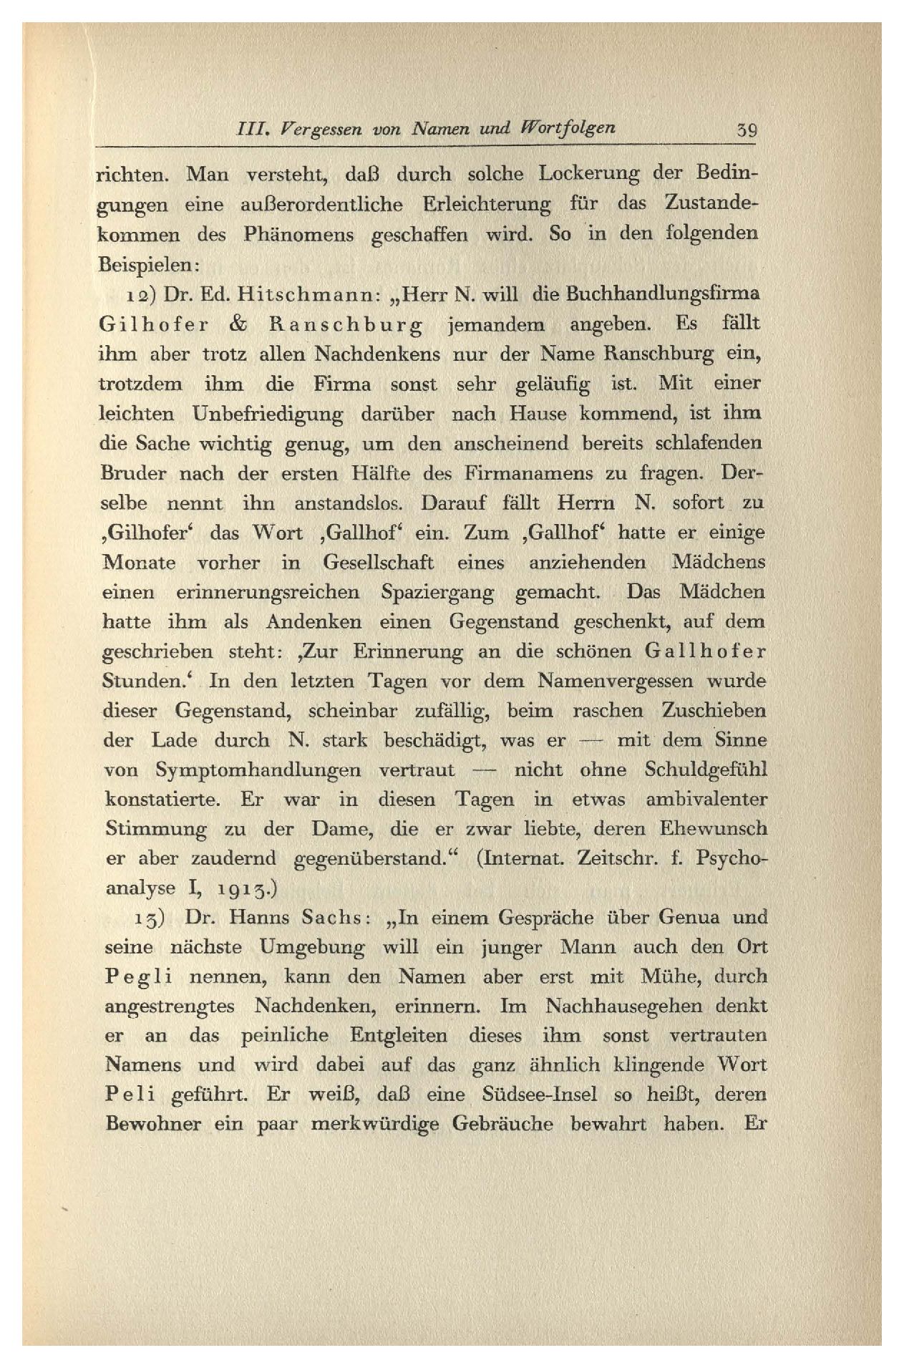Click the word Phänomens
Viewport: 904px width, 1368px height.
point(298,235)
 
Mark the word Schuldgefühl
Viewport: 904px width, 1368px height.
point(705,770)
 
